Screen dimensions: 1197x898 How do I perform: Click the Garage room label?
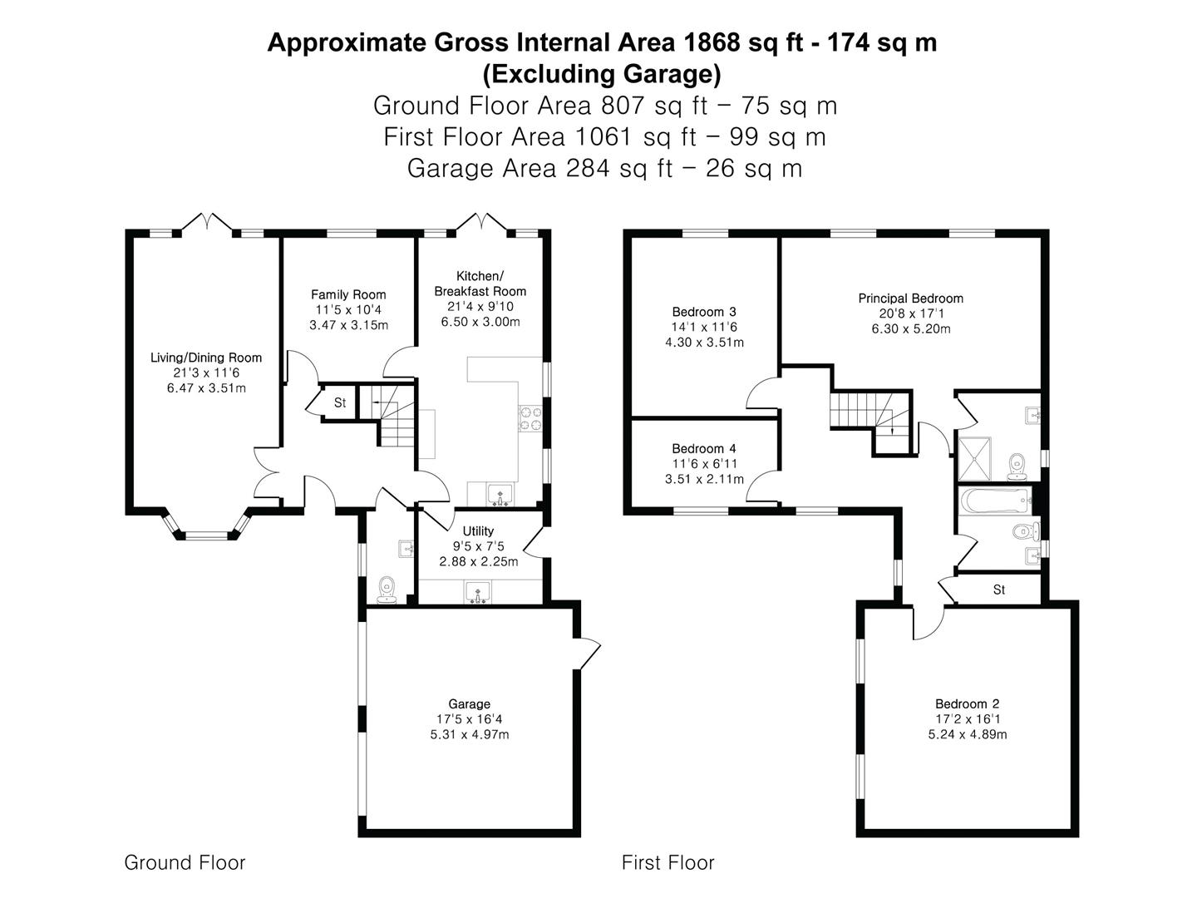(469, 704)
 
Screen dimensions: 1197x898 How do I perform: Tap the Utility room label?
(478, 531)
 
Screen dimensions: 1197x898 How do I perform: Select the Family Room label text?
(348, 294)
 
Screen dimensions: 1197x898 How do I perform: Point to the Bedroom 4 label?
(704, 449)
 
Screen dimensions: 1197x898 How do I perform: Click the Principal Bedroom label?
(911, 299)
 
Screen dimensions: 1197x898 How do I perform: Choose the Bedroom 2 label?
(968, 704)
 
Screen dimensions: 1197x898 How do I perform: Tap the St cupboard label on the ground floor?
(340, 403)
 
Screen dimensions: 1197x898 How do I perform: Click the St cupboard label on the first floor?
(999, 590)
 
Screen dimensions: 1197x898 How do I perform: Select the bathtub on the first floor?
(995, 500)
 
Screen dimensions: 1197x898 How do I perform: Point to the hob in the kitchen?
(530, 418)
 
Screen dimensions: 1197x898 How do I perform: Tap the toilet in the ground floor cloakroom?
(387, 590)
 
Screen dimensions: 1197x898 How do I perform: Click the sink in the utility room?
(478, 592)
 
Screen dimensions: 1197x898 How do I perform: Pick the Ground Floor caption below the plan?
(185, 862)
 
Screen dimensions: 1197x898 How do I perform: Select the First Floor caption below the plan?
(668, 862)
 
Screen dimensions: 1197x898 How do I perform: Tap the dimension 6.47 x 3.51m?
(206, 388)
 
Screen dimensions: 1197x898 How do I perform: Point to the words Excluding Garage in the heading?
(602, 74)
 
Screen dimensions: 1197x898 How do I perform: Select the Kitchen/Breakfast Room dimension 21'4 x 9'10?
(480, 307)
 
